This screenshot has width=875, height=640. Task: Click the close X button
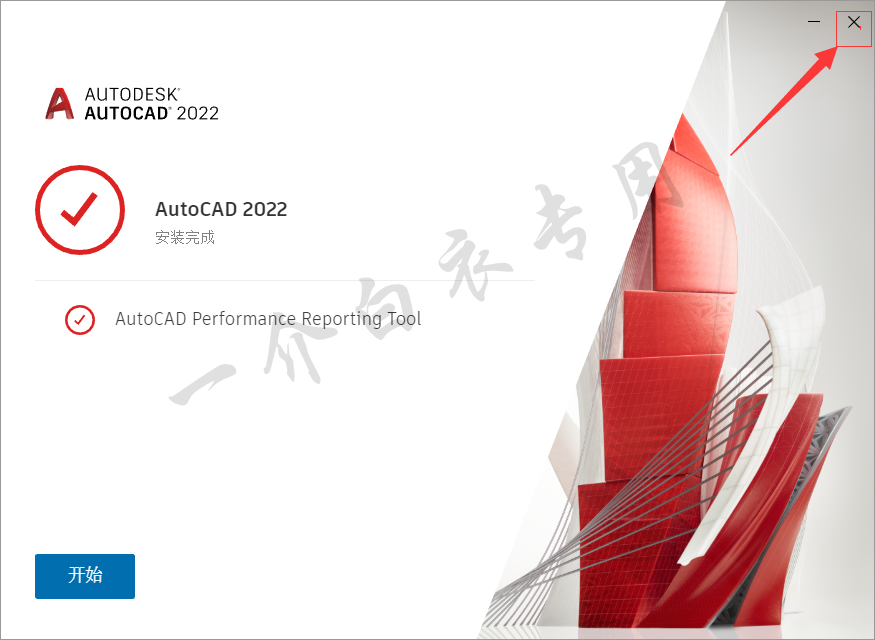click(854, 22)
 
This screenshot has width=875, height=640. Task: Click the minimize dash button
click(814, 22)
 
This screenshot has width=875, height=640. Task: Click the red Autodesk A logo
click(60, 103)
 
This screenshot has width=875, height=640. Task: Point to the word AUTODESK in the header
click(132, 94)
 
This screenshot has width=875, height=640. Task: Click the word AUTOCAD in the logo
click(127, 113)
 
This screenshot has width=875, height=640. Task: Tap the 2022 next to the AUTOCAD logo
click(198, 113)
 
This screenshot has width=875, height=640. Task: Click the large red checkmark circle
click(80, 210)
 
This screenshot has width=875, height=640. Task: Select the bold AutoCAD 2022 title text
click(221, 209)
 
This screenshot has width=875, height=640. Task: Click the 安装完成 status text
click(185, 238)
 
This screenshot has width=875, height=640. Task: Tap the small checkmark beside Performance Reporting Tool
click(80, 320)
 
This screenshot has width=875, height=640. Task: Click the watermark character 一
click(201, 385)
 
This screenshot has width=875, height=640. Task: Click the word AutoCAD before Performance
click(151, 319)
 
